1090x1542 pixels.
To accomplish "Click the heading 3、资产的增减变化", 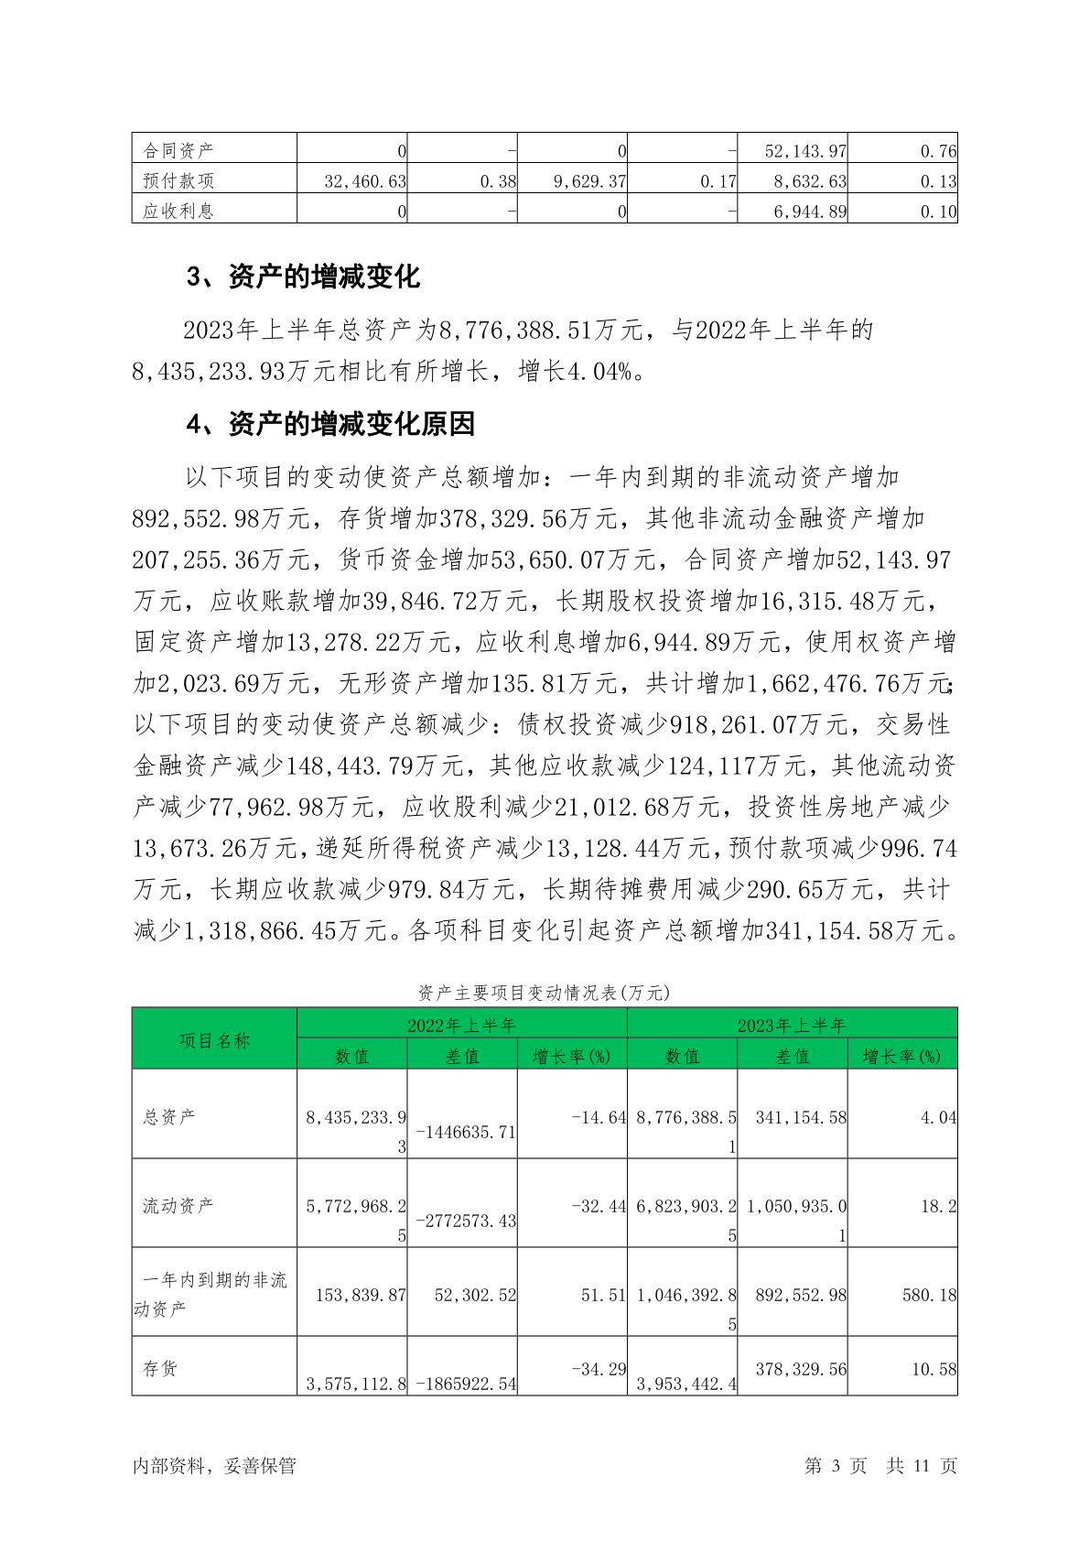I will pos(303,277).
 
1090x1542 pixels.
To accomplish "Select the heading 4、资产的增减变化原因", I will pos(330,424).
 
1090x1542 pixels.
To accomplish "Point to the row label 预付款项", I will pos(178,181).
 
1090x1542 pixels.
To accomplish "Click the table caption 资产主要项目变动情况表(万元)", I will pos(545,993).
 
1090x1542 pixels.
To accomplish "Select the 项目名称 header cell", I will pos(214,1040).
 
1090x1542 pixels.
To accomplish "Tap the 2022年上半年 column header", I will pos(462,1025).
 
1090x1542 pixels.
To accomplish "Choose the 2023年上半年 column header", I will pos(792,1025).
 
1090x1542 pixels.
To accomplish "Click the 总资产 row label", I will pos(168,1116).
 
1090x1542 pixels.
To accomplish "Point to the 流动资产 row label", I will pos(178,1205).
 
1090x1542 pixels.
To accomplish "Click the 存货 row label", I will pos(160,1368).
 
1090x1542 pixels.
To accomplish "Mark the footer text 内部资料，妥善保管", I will pos(214,1465).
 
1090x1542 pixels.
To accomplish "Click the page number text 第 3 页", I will pos(835,1465).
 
